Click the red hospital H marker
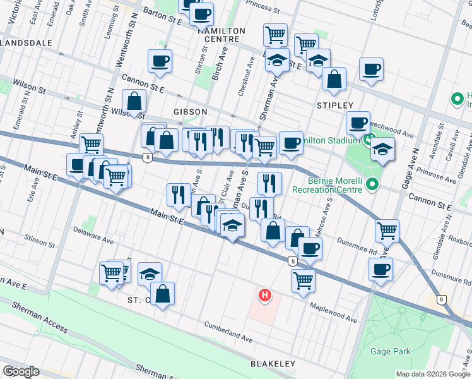pos(265,295)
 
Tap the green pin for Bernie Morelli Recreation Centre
pos(372,184)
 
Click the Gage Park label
pos(392,351)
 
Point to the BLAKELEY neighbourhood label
pos(273,364)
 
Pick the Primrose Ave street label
pos(435,179)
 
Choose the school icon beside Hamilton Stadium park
pos(382,150)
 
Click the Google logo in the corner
pos(21,371)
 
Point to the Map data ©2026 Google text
pos(432,374)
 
